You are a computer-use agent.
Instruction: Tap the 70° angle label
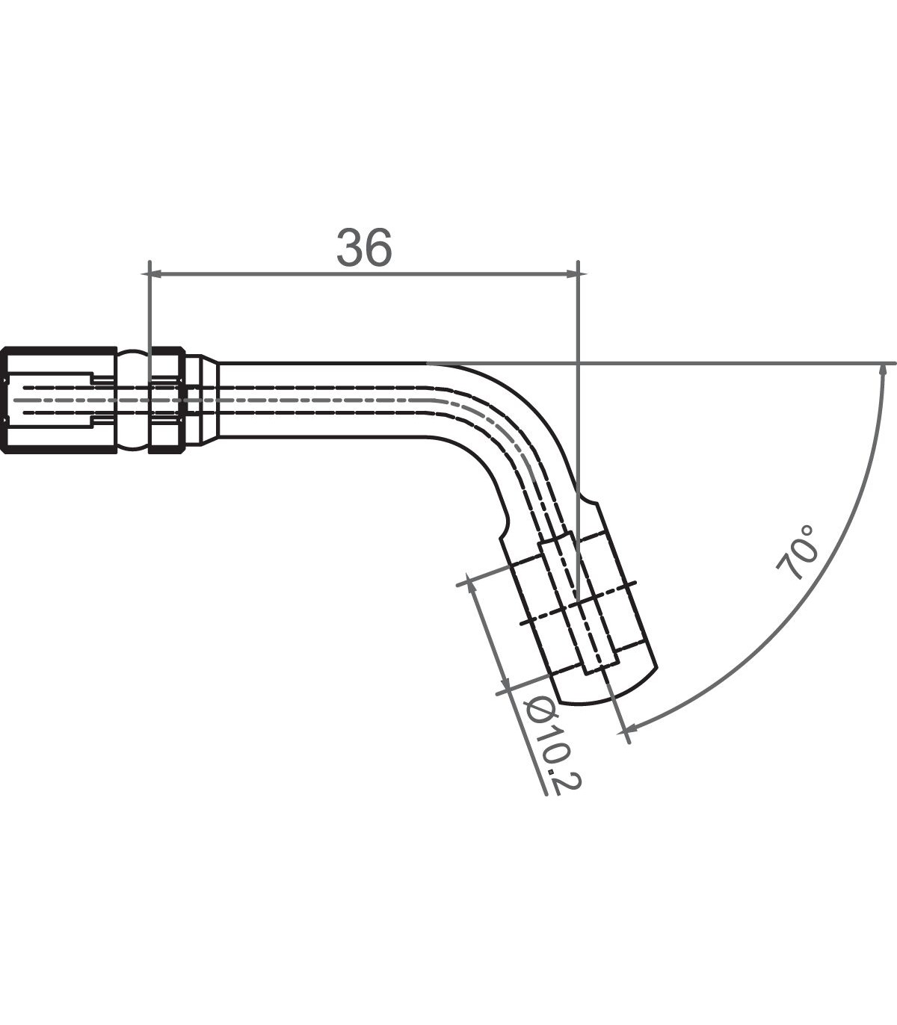tap(798, 552)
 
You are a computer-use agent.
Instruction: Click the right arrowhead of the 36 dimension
tap(572, 274)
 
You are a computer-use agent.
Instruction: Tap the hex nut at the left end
tap(58, 400)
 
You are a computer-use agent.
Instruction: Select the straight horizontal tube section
tap(321, 400)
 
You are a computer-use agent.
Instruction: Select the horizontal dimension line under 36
tap(364, 274)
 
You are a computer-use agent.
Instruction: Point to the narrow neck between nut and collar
tap(132, 400)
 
